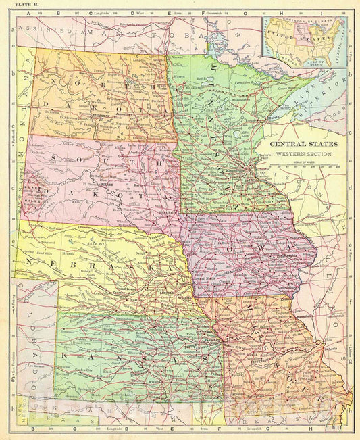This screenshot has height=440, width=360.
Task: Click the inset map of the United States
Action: click(303, 41)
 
